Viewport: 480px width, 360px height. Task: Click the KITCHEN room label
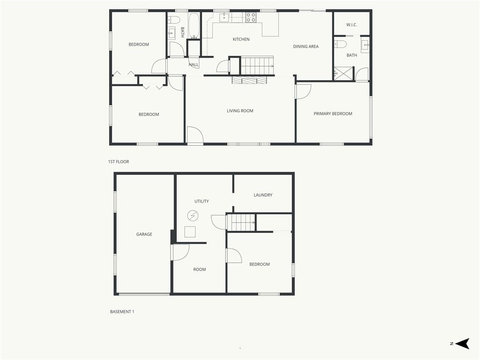241,39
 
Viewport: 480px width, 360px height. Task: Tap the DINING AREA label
306,46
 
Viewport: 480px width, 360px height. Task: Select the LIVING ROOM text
240,111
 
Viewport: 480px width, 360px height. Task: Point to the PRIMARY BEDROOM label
333,113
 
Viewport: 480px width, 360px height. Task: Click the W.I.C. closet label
352,25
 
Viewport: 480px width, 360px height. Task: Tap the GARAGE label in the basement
144,234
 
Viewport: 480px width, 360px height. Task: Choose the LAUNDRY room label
263,195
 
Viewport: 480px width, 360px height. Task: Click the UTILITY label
202,201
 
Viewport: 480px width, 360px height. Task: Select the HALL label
194,65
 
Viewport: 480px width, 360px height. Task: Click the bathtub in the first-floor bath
194,26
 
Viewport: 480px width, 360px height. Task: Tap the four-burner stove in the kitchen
251,17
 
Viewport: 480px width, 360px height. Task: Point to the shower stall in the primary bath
343,74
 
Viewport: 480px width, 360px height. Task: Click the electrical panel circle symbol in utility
193,216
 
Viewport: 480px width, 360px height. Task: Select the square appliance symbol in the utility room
190,232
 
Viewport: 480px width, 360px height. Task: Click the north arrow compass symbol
463,344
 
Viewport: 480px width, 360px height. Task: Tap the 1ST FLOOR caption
119,162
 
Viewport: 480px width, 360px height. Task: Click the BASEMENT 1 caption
122,312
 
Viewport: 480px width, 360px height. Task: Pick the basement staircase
241,222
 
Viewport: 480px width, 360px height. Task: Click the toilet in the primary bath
340,44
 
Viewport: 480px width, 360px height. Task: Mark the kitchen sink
224,17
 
